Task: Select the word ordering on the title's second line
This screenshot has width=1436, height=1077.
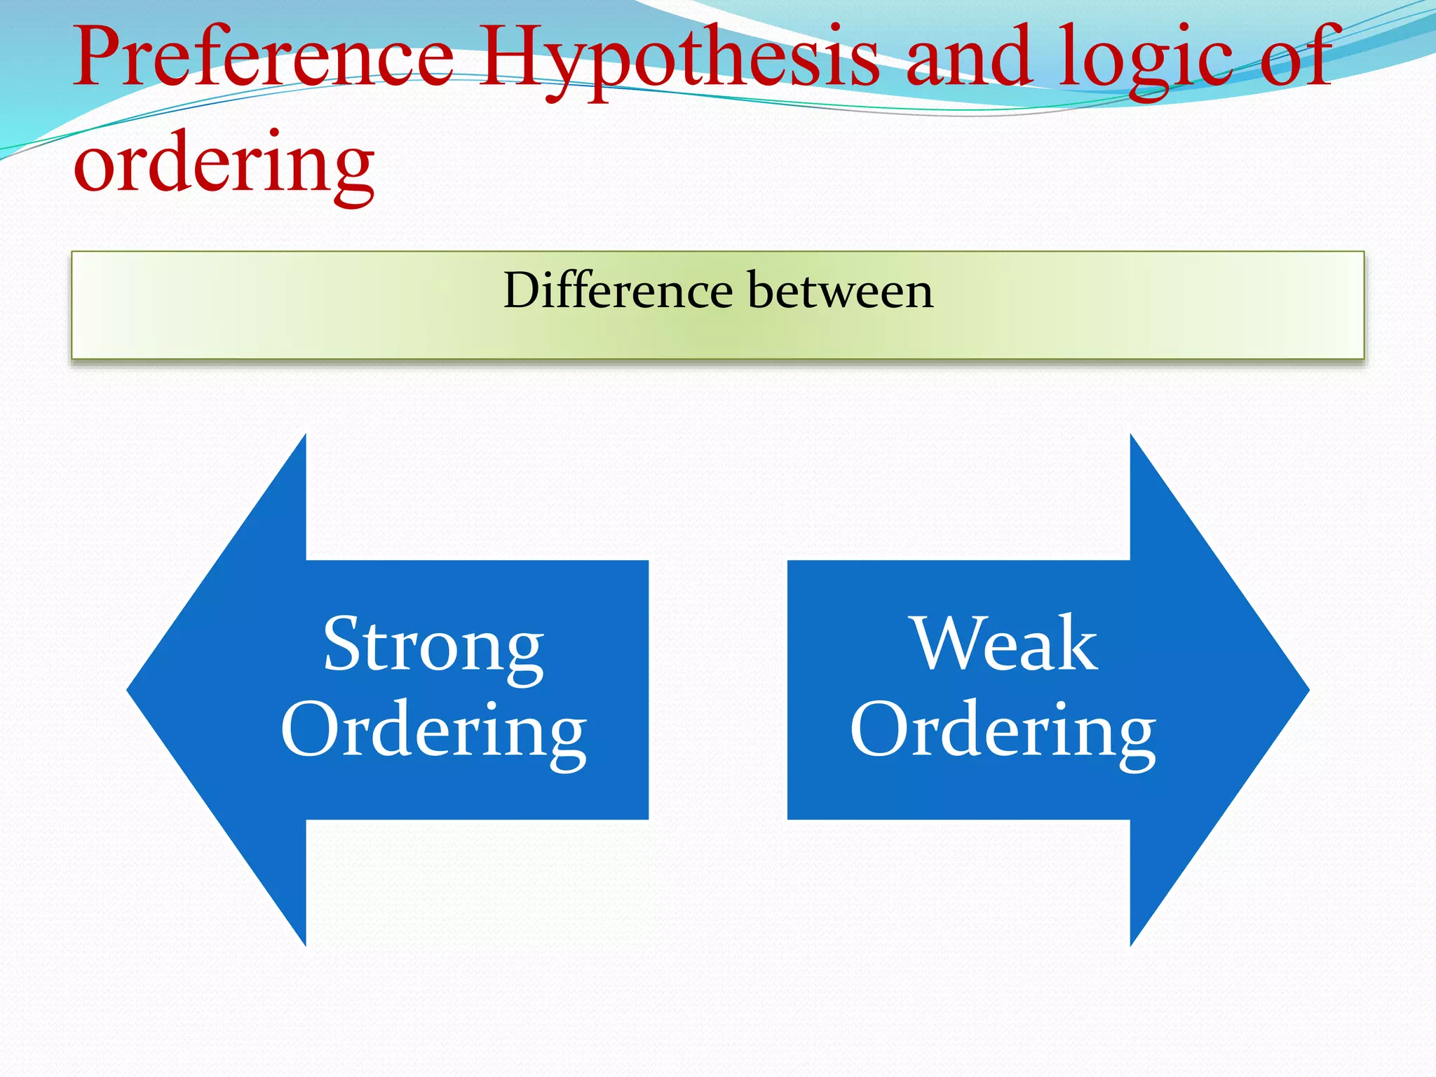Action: coord(224,165)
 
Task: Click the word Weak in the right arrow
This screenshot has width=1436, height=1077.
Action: coord(1004,644)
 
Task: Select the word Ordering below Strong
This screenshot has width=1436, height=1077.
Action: coord(433,731)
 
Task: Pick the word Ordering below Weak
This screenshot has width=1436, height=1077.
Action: coord(1003,731)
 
